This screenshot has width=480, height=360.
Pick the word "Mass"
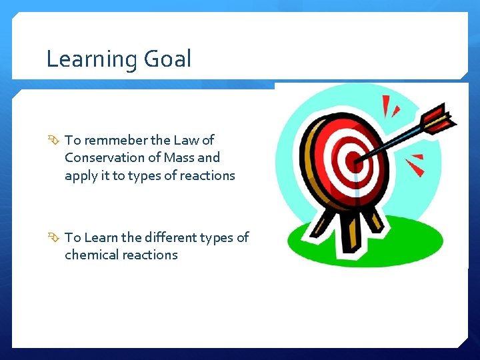(178, 158)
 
